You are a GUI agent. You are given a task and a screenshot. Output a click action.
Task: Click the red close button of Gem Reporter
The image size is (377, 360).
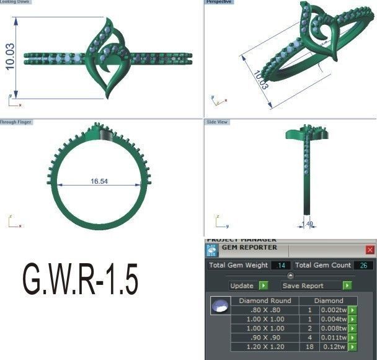point(370,250)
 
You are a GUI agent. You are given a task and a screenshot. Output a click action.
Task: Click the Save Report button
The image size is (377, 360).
point(311,286)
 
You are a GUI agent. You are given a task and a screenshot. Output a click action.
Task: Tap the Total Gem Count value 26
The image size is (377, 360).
point(364,266)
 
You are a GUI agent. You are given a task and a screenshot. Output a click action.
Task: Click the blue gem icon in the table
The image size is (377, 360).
point(219,307)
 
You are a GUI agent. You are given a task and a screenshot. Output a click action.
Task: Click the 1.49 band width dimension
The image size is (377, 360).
point(306,225)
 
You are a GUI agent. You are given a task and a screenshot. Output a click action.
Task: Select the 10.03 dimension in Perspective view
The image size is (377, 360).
point(261,80)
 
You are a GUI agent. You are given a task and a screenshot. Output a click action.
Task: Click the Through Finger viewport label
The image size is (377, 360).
point(16,122)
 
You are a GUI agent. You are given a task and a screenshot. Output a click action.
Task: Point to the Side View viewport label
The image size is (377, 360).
point(218,122)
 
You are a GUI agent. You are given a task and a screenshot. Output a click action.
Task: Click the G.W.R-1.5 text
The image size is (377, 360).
point(80,280)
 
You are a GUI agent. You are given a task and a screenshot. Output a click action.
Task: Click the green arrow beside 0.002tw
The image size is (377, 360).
point(353,310)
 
